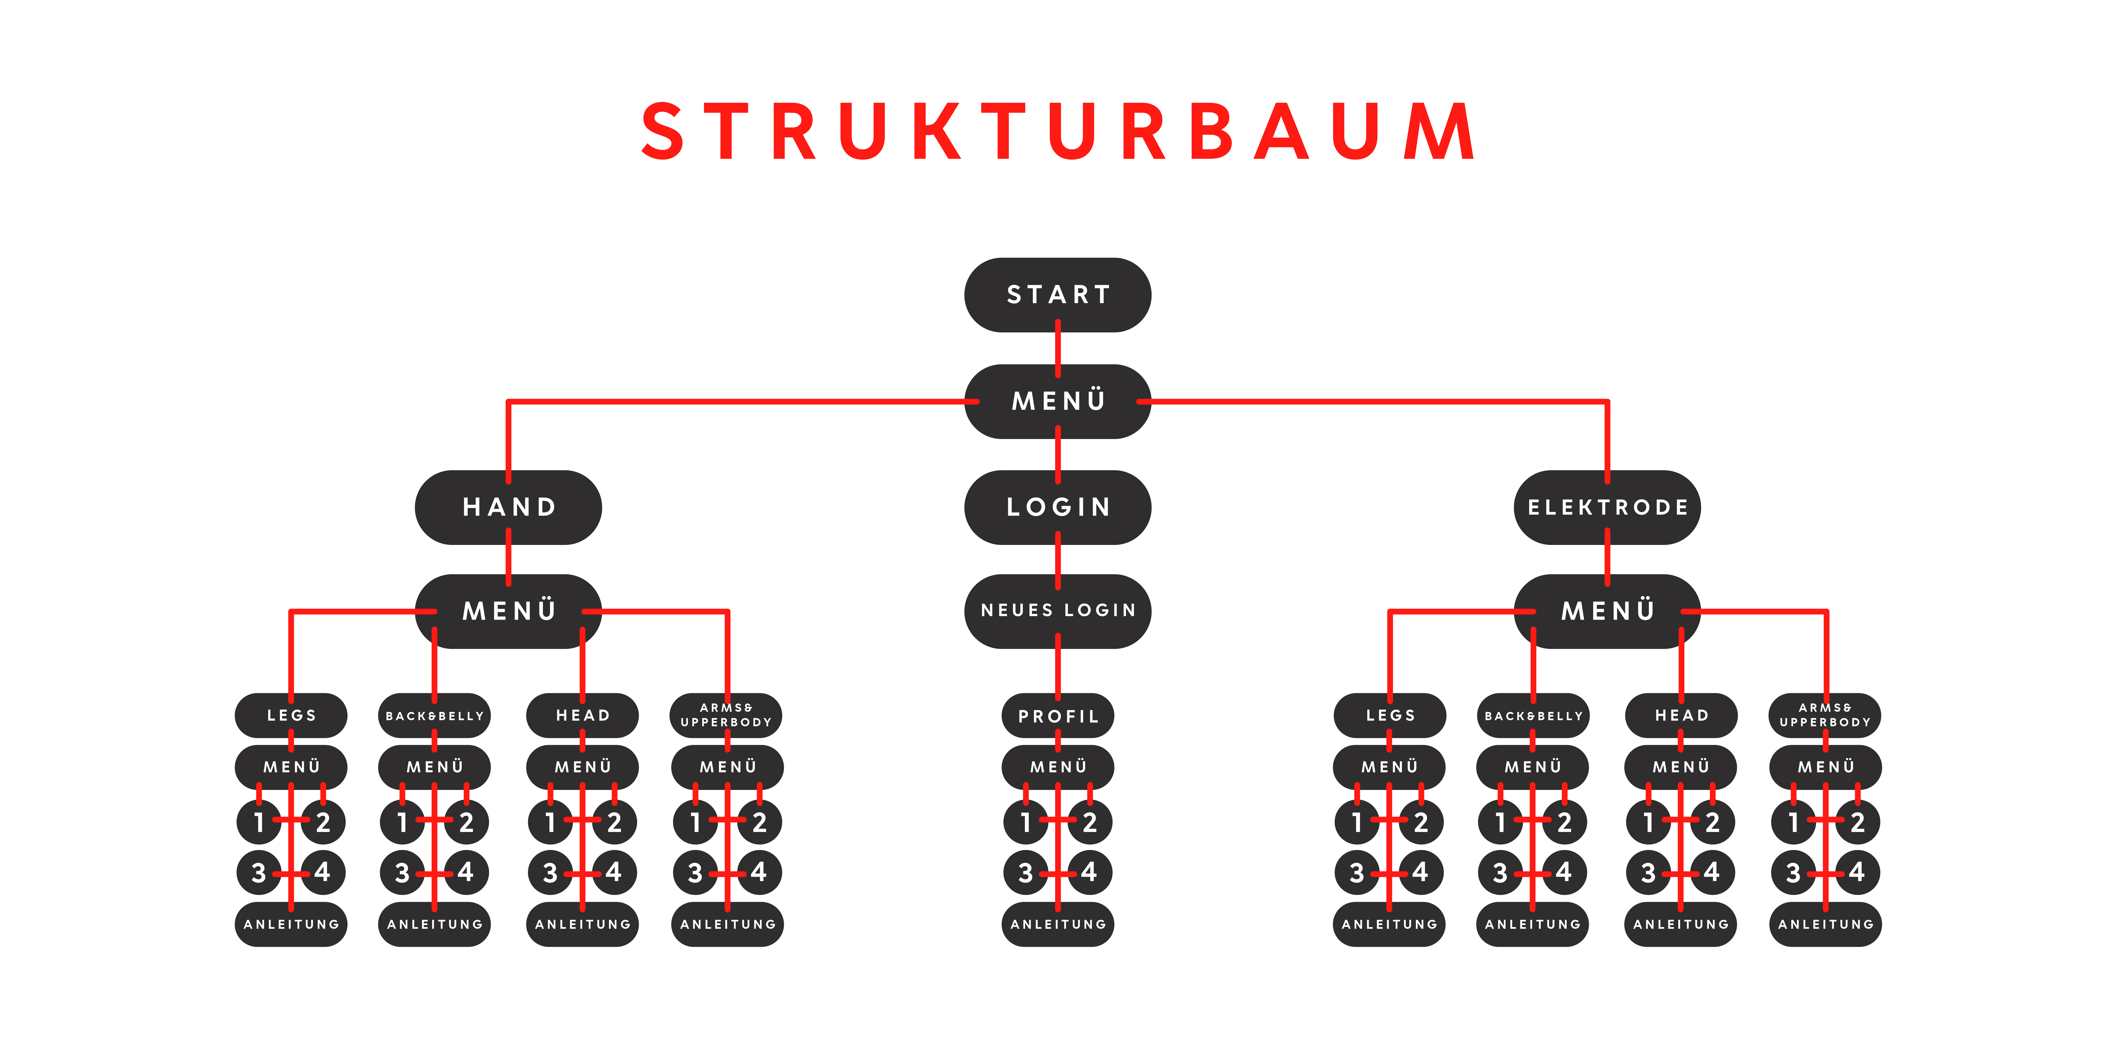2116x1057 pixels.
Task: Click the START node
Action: click(1057, 295)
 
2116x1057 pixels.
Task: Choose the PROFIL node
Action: click(1057, 716)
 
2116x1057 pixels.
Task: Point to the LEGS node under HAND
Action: click(291, 715)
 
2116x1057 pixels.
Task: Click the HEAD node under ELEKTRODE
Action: click(1681, 715)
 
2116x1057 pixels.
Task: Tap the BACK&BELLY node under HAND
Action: click(435, 715)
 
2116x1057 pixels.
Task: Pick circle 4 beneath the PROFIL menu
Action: click(1090, 872)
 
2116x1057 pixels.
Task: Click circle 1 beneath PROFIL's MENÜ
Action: click(1025, 822)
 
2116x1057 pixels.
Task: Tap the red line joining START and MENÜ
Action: click(1057, 348)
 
